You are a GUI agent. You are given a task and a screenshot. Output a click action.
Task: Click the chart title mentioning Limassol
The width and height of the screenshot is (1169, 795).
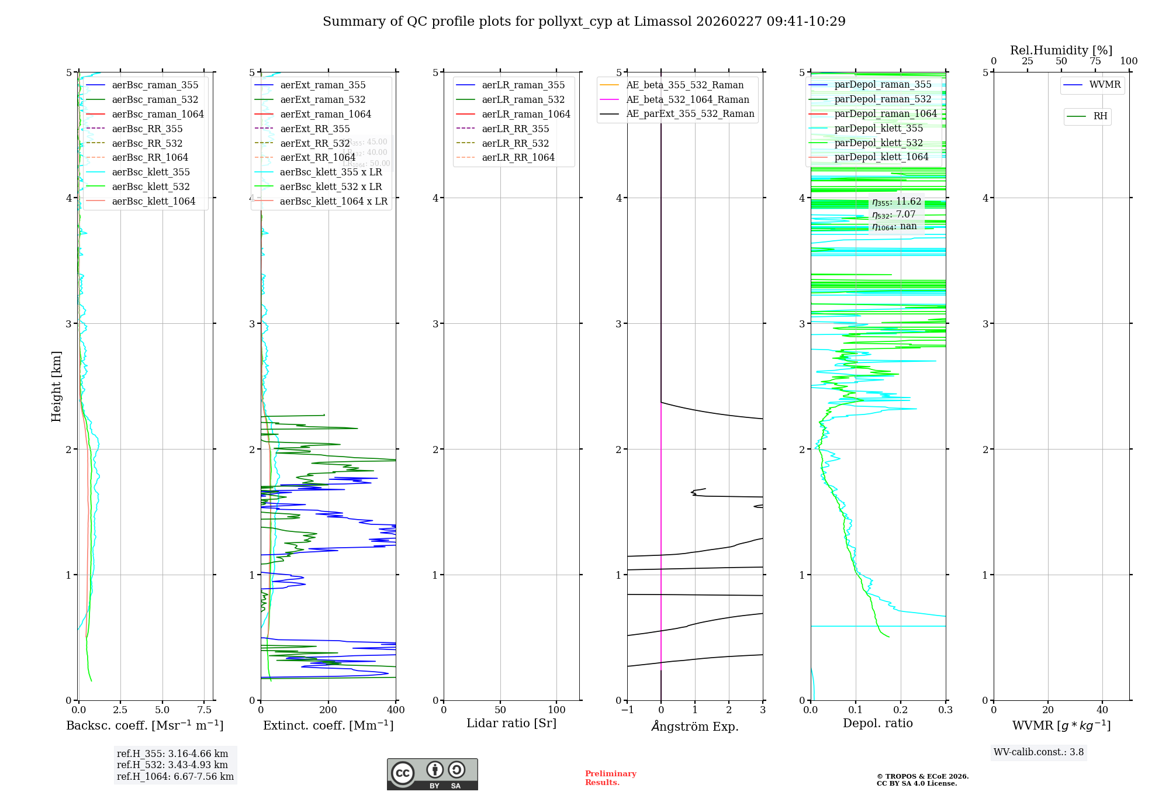[584, 22]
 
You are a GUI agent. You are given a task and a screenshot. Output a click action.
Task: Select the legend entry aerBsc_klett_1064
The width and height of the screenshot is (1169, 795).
[154, 201]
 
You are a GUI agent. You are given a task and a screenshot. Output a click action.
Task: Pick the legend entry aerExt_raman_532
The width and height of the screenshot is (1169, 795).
[323, 99]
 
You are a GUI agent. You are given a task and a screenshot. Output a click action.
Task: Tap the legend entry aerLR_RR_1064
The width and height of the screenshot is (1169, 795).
[518, 157]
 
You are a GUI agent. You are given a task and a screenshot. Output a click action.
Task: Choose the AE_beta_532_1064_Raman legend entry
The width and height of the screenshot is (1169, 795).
[687, 99]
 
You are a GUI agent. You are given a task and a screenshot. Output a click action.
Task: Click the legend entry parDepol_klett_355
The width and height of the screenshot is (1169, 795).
[879, 128]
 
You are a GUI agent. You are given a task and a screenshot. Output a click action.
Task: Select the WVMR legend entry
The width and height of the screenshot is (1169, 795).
[1105, 85]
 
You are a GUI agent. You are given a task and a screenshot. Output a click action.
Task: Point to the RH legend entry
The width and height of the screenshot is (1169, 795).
[1100, 116]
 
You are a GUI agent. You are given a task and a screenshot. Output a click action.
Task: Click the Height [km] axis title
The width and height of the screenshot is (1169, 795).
[56, 386]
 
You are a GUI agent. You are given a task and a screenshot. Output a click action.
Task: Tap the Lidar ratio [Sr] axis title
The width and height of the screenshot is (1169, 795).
[511, 723]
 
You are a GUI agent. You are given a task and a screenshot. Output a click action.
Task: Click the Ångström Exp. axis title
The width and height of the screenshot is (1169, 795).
[695, 726]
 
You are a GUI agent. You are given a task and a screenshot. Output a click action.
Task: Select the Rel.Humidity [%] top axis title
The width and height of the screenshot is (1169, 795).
[1061, 50]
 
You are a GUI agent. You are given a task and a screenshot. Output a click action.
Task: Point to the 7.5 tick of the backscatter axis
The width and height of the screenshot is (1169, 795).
[205, 710]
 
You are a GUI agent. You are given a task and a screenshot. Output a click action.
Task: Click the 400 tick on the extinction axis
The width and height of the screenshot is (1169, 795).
[396, 710]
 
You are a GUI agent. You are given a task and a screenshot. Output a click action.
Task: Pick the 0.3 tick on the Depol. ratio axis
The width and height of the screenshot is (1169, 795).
[945, 710]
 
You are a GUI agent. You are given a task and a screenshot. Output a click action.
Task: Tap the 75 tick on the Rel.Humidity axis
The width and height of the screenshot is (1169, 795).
[1095, 61]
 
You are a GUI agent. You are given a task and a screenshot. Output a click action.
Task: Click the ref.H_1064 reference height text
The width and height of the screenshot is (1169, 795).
[175, 776]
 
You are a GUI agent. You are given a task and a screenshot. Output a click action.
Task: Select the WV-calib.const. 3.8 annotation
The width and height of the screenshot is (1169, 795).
[1039, 752]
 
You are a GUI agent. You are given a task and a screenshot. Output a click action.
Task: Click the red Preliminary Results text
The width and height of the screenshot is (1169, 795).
[610, 778]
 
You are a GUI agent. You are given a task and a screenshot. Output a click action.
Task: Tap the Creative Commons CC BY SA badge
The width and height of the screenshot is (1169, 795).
[432, 774]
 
